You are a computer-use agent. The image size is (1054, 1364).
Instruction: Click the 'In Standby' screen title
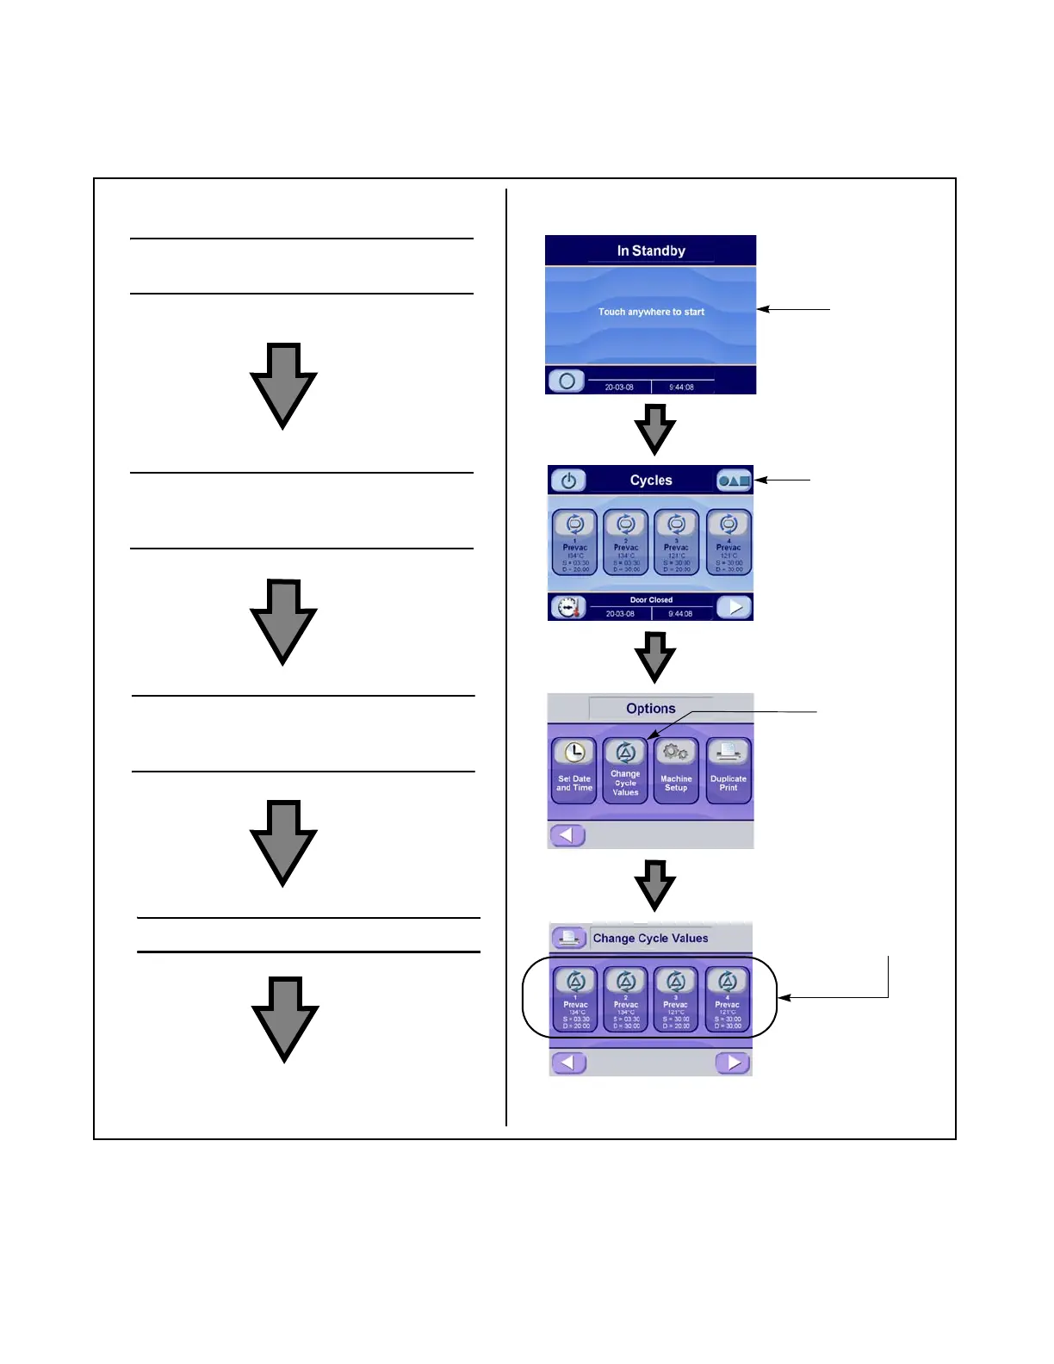coord(651,251)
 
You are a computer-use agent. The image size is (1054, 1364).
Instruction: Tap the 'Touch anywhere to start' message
coord(651,312)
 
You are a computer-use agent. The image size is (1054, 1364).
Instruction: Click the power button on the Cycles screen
coord(568,480)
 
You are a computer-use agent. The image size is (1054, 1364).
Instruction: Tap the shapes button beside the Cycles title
coord(735,480)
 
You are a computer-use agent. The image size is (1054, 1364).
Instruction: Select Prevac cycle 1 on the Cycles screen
coord(574,542)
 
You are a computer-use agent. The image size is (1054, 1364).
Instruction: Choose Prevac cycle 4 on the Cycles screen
coord(728,542)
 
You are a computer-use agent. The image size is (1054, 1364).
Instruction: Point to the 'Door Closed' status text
coord(651,599)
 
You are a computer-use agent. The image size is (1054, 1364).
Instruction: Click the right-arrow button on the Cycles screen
coord(735,607)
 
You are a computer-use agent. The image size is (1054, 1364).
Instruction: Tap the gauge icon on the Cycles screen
coord(568,607)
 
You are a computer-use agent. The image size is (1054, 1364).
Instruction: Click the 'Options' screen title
coord(651,709)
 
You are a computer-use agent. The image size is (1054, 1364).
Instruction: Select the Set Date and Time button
coord(574,770)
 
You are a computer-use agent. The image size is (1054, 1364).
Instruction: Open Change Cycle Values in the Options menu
coord(626,770)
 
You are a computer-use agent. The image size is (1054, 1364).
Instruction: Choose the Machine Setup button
coord(676,770)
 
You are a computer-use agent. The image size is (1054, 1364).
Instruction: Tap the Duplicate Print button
coord(728,770)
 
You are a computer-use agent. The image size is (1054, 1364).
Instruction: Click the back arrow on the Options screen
coord(567,834)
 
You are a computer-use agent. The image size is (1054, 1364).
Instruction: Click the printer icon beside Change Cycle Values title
coord(569,938)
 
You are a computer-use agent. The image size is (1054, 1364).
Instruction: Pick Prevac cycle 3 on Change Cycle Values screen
coord(676,1000)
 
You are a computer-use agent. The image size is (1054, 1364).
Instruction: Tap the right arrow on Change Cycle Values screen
coord(733,1063)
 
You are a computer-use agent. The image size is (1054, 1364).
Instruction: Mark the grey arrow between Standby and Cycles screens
coord(654,429)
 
